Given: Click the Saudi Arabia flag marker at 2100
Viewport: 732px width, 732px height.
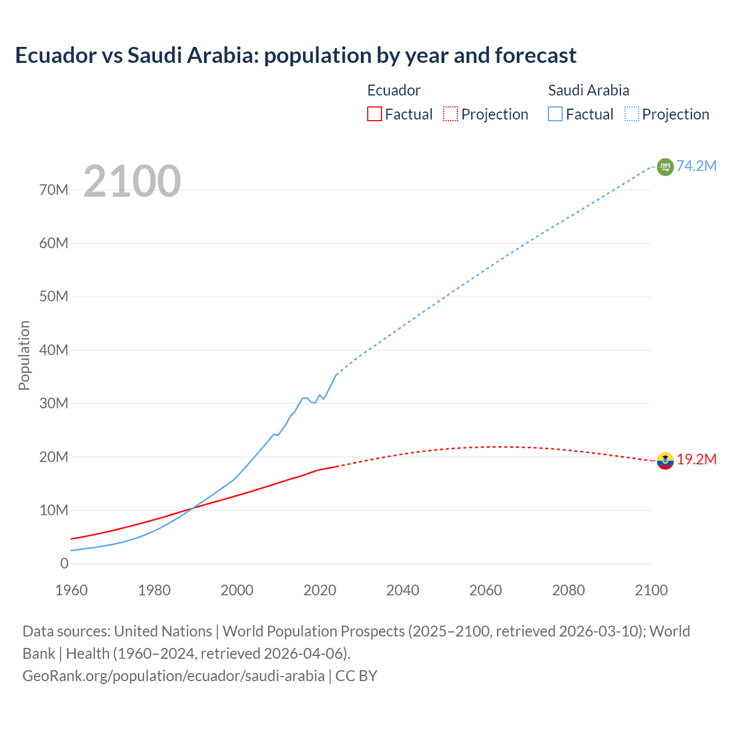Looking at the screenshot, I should tap(665, 167).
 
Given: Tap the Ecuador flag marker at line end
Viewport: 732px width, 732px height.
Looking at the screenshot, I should tap(665, 460).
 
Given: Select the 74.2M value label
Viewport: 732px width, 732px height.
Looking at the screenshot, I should tap(696, 166).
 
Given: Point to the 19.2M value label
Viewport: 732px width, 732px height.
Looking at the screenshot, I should tap(697, 460).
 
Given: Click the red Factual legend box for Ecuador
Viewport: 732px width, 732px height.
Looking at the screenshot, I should tap(374, 114).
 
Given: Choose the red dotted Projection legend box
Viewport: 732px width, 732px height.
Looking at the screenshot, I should tap(451, 114).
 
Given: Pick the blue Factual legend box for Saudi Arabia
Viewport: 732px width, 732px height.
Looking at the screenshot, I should tap(555, 114).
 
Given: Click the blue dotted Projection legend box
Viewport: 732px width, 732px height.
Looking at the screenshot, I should tap(632, 114).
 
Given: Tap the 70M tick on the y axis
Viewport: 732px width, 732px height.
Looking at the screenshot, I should tap(54, 190).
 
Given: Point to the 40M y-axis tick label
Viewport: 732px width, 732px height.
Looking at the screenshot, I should tap(54, 350).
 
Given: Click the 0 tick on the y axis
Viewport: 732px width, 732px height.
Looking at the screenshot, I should tap(64, 563).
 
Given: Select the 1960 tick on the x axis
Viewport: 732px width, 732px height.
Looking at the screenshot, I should tap(71, 590).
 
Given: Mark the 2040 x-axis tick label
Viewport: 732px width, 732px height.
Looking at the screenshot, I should tap(403, 590).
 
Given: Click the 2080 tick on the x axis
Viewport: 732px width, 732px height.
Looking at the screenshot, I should tap(568, 590).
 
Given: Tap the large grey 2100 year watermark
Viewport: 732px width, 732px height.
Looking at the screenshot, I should tap(132, 181).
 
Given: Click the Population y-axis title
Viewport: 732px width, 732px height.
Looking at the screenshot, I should tap(24, 355).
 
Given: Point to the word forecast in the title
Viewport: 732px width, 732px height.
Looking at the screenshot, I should tap(535, 55).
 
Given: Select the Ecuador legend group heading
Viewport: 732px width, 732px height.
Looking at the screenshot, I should tap(393, 90).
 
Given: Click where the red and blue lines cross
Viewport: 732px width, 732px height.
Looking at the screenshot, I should tap(190, 508).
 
